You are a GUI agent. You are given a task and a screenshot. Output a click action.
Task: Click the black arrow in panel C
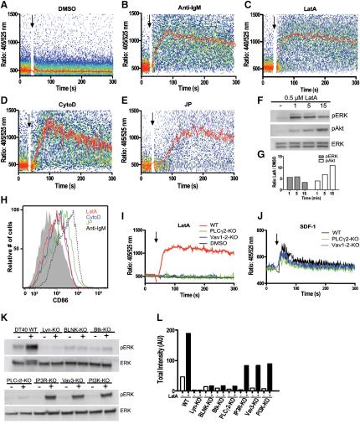pyautogui.click(x=272, y=23)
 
